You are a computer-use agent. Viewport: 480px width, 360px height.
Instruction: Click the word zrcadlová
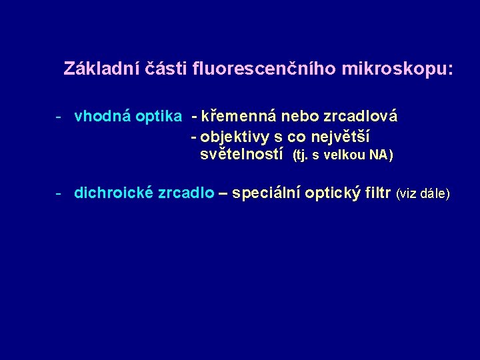click(360, 117)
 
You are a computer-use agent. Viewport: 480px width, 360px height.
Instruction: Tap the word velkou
click(343, 156)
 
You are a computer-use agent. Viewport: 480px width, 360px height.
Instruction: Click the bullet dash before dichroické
click(59, 193)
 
